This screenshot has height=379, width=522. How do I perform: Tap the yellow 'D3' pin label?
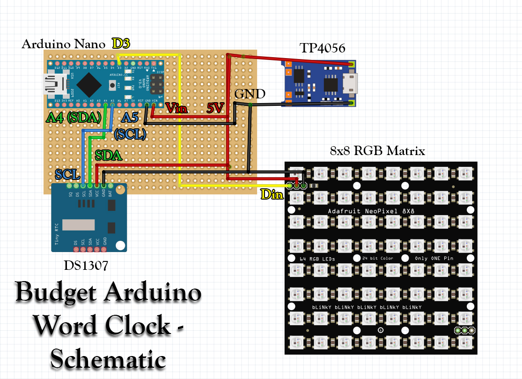(x=121, y=43)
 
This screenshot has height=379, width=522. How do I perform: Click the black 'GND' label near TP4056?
(x=250, y=94)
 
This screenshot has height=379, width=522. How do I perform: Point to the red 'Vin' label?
(x=177, y=109)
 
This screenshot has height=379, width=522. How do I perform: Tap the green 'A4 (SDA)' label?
(x=74, y=117)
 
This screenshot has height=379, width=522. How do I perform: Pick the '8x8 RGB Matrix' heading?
(x=377, y=151)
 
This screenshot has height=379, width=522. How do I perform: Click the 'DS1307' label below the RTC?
(x=87, y=266)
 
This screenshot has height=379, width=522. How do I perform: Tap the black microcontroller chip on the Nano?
(x=89, y=85)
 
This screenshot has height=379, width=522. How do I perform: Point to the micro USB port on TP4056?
(x=350, y=83)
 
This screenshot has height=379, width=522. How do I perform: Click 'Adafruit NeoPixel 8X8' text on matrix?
(x=371, y=211)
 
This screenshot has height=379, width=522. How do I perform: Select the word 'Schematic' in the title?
(x=108, y=360)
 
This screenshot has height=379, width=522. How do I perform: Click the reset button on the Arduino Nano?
(x=112, y=85)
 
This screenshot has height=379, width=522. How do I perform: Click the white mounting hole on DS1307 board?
(x=120, y=245)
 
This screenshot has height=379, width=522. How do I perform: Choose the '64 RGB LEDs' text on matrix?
(x=311, y=259)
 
